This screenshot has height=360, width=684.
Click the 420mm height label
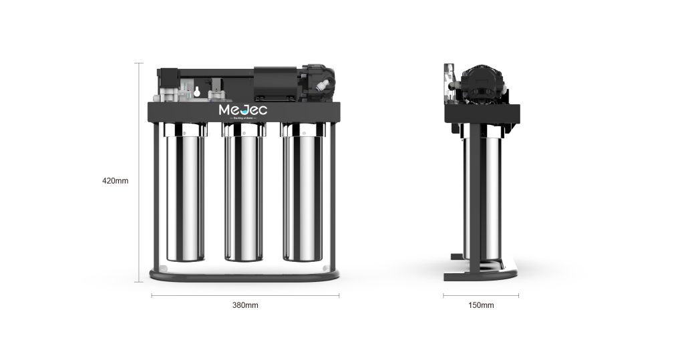coord(115,180)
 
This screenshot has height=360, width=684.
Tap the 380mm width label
coord(245,305)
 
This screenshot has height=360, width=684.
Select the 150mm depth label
coord(481,305)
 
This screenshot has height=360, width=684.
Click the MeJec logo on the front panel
coord(243,110)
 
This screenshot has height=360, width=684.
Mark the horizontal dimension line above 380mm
coord(245,295)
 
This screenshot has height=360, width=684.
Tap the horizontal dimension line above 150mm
coord(481,295)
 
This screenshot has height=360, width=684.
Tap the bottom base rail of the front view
coord(245,275)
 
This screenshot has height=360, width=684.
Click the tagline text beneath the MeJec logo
coord(243,118)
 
